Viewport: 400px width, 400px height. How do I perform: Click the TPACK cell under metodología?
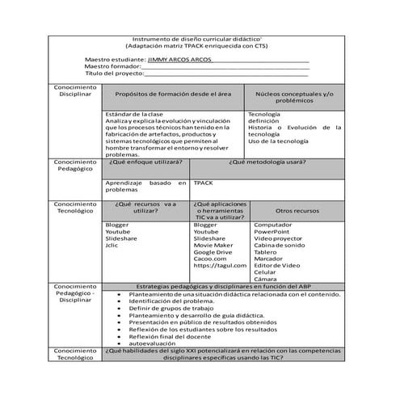(x=203, y=183)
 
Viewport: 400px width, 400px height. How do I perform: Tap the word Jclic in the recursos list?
(x=112, y=246)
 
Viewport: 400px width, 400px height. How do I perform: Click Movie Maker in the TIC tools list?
(x=213, y=246)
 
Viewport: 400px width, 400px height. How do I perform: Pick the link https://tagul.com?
(x=219, y=266)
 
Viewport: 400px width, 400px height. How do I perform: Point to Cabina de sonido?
(x=280, y=245)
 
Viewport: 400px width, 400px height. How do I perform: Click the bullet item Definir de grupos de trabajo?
(x=171, y=308)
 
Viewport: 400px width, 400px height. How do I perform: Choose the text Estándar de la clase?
(x=134, y=114)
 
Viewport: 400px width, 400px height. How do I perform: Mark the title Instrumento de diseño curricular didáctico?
(x=199, y=39)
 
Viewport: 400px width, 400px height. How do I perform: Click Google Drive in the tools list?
(x=213, y=252)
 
